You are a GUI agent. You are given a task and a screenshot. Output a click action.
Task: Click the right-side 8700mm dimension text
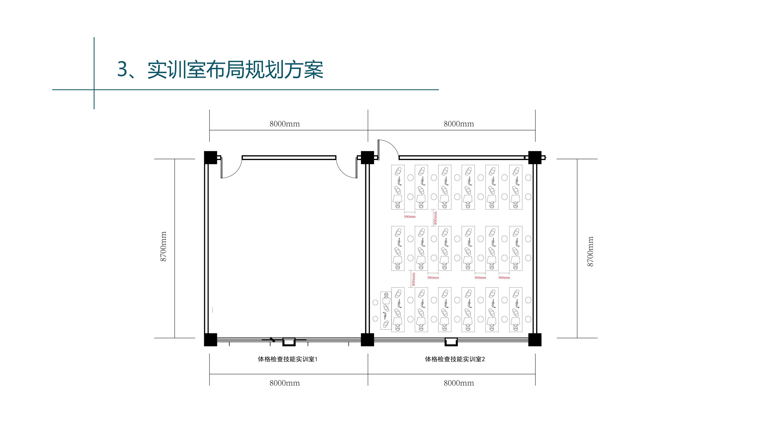coord(590,251)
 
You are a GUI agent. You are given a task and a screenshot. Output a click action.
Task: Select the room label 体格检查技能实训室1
coord(287,359)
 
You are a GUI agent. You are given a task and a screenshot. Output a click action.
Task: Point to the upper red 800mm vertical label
coord(435,218)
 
